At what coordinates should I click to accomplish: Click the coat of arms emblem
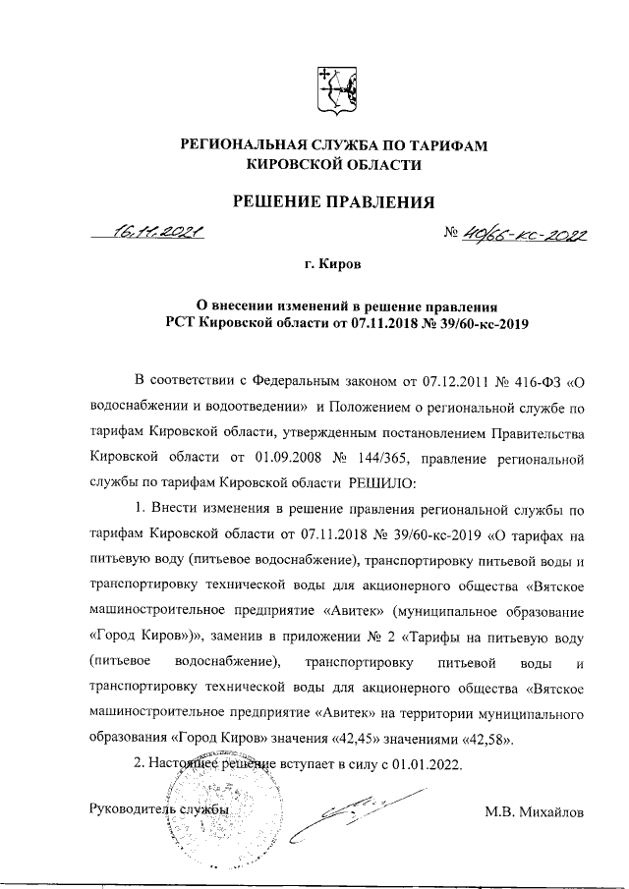pos(332,90)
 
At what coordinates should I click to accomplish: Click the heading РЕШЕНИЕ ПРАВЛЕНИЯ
pos(332,203)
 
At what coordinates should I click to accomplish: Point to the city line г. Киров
pos(333,265)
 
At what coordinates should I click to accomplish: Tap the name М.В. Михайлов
pos(535,812)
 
